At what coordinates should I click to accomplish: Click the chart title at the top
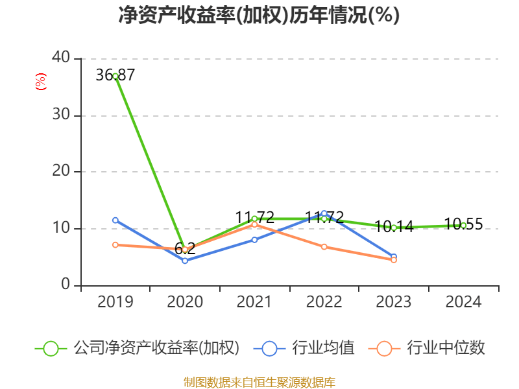pyautogui.click(x=259, y=15)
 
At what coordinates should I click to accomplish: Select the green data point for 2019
pyautogui.click(x=115, y=76)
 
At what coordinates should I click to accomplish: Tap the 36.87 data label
pyautogui.click(x=115, y=75)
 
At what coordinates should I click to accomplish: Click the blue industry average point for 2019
pyautogui.click(x=115, y=220)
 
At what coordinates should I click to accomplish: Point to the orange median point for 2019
pyautogui.click(x=115, y=244)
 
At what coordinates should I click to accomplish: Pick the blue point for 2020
pyautogui.click(x=185, y=261)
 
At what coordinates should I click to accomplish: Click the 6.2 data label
pyautogui.click(x=185, y=248)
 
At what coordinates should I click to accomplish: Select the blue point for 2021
pyautogui.click(x=254, y=240)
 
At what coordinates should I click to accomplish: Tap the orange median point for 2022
pyautogui.click(x=324, y=247)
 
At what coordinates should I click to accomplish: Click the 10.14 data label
pyautogui.click(x=394, y=227)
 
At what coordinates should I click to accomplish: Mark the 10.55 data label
pyautogui.click(x=463, y=224)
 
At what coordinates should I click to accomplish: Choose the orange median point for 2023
pyautogui.click(x=394, y=260)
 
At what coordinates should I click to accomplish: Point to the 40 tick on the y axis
pyautogui.click(x=62, y=58)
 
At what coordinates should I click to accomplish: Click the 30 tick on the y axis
pyautogui.click(x=62, y=115)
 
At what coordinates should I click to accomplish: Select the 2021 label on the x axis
pyautogui.click(x=254, y=302)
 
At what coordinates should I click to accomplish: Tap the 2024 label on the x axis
pyautogui.click(x=463, y=302)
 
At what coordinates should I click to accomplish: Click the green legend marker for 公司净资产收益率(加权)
pyautogui.click(x=51, y=348)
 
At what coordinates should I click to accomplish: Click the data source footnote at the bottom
pyautogui.click(x=259, y=382)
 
